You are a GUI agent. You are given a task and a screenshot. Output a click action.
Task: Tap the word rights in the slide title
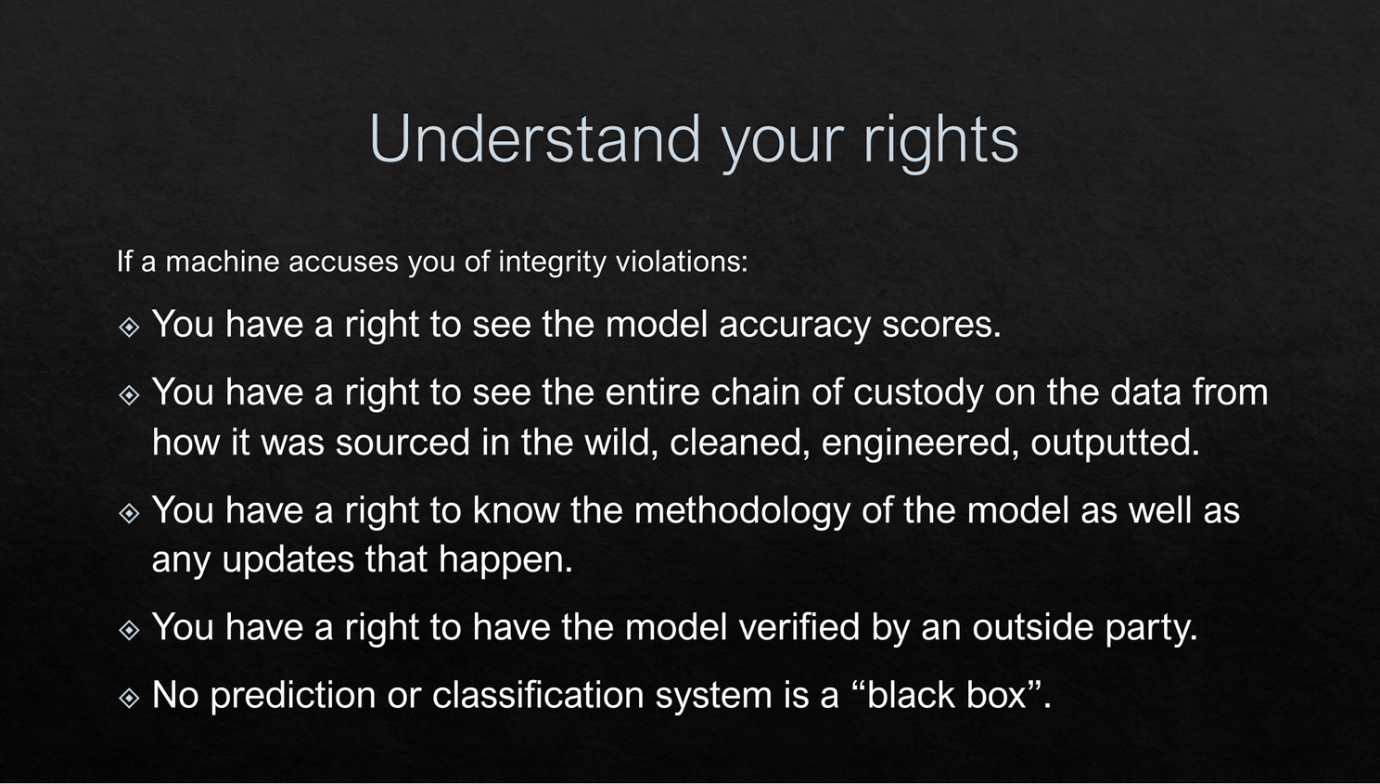940,142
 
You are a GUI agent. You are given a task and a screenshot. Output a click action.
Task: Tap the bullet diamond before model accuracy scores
129,327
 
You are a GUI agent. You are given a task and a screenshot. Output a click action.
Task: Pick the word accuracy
794,326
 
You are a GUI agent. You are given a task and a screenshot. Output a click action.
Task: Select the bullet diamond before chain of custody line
129,394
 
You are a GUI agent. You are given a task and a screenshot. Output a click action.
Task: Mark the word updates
287,561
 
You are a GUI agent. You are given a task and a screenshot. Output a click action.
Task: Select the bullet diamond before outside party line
129,630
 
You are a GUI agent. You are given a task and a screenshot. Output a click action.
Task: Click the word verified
799,627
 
